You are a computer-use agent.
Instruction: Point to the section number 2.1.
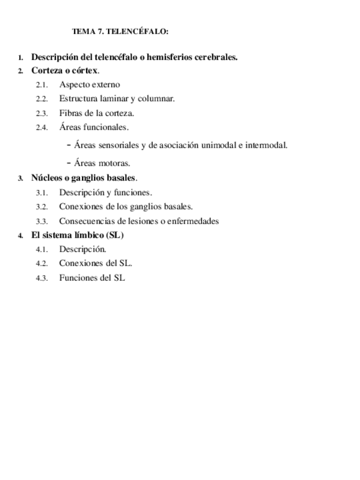click(x=42, y=85)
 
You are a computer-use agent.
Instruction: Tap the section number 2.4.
click(x=42, y=127)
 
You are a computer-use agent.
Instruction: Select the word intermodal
click(x=265, y=145)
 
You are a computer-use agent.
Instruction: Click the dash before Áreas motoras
click(x=68, y=163)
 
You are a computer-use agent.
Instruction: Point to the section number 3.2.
click(x=42, y=207)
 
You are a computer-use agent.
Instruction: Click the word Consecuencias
click(x=87, y=221)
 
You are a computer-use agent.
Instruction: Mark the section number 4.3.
click(x=42, y=278)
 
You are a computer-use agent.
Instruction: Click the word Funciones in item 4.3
click(x=77, y=278)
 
